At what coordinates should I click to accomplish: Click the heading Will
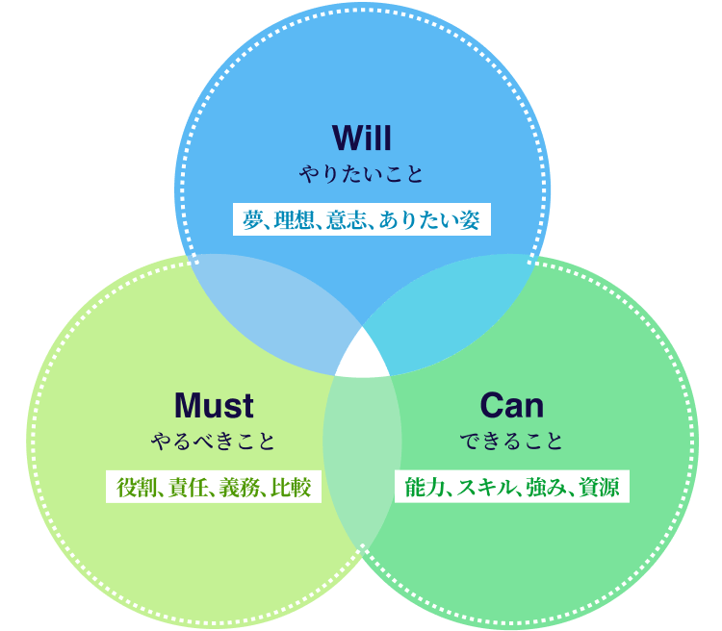coord(361,137)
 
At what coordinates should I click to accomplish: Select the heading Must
coord(214,405)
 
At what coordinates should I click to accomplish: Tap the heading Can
coord(511,405)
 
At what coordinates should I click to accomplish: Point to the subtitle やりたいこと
coord(361,174)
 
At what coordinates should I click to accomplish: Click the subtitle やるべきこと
coord(214,442)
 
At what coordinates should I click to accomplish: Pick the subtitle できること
coord(511,442)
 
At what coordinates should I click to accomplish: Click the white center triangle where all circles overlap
coord(362,356)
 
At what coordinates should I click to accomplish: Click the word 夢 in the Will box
coord(253,220)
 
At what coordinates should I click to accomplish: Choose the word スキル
coord(479,488)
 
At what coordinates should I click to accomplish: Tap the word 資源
coord(599,488)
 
